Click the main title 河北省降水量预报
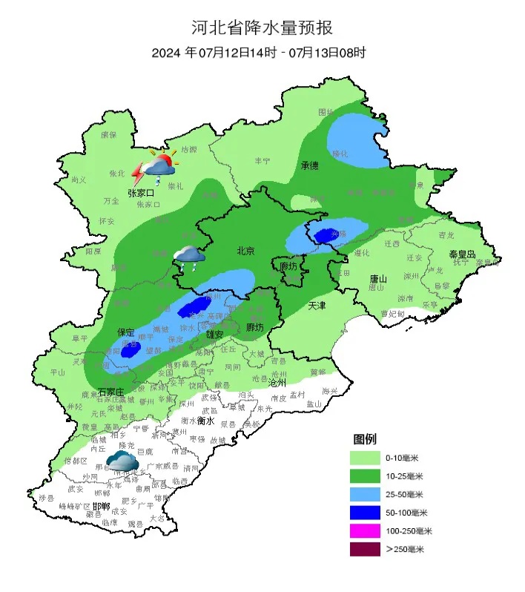coord(262,28)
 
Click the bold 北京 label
coord(245,251)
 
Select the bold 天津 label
coord(317,305)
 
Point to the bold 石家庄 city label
coord(111,391)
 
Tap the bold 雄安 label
coord(214,335)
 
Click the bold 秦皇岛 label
coord(461,254)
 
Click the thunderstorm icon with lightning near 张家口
coord(153,167)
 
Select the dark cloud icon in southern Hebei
coord(122,463)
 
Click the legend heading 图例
coord(365,439)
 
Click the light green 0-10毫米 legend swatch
coord(369,457)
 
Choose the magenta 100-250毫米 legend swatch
coord(369,531)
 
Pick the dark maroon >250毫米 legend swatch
coord(369,550)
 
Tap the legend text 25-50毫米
coord(409,494)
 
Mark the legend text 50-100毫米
coord(410,513)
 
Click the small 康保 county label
coord(109,134)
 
